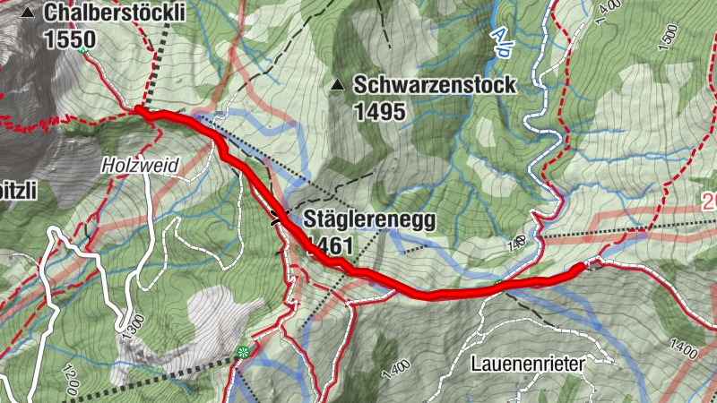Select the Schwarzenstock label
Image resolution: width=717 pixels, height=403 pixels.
pyautogui.click(x=435, y=86)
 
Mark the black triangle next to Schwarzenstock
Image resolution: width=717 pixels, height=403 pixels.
pyautogui.click(x=338, y=86)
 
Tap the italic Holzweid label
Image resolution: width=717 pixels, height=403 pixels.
pyautogui.click(x=140, y=165)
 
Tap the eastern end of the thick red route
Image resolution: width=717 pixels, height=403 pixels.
pyautogui.click(x=583, y=266)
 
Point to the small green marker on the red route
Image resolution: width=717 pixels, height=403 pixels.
pyautogui.click(x=498, y=284)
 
